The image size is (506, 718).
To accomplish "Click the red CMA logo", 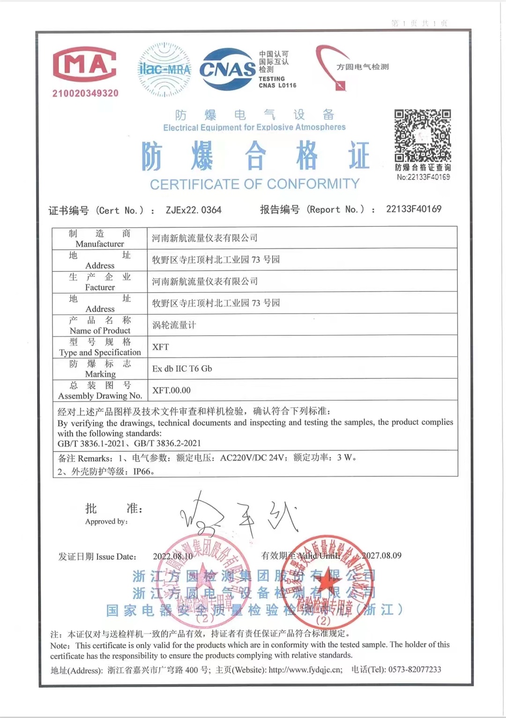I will (85, 65).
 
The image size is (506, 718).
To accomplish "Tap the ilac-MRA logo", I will (164, 69).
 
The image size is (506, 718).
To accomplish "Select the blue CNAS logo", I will (228, 70).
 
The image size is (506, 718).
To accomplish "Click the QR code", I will (422, 135).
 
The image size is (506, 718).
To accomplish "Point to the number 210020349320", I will (85, 93).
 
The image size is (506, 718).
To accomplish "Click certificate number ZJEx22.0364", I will (193, 210).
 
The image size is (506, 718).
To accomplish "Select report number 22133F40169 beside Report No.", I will (414, 209).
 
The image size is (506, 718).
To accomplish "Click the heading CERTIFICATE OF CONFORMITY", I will (254, 184).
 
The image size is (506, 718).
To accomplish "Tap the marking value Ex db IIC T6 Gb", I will (182, 368).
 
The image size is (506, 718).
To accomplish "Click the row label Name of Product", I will (100, 330).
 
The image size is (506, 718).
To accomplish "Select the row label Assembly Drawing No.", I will (100, 396).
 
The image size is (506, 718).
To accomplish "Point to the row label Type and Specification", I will (100, 352).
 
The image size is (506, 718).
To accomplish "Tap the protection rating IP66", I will (143, 471).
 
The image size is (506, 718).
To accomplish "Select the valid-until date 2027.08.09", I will (381, 555).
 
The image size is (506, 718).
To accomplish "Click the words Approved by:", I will (106, 521).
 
